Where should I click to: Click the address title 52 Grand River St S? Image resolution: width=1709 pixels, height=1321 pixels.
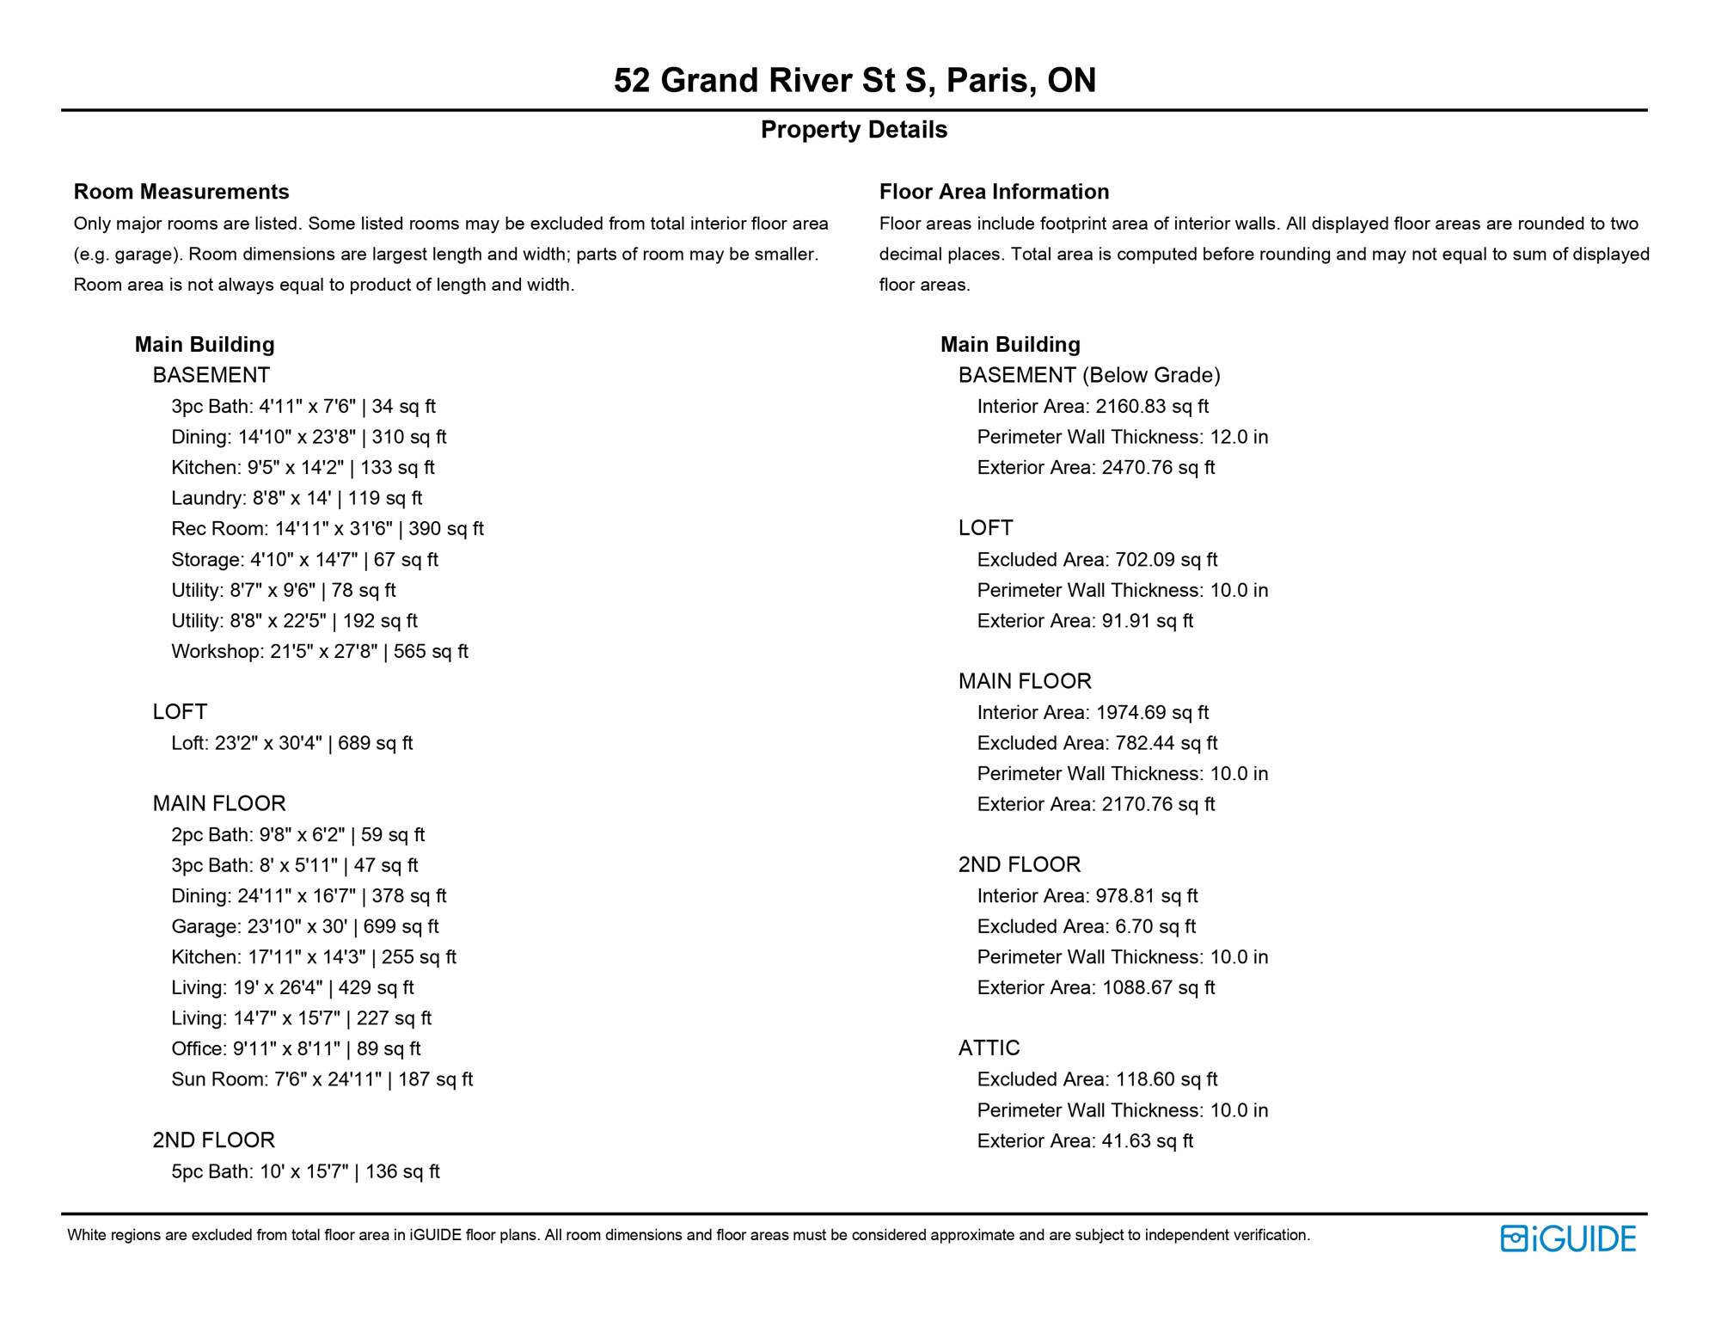(854, 80)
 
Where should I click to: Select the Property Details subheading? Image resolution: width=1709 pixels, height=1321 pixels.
(854, 130)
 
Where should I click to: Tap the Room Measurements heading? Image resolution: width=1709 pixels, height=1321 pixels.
(181, 192)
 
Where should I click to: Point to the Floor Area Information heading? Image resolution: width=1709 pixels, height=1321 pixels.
(994, 192)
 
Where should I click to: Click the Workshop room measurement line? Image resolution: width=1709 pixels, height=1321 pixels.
(319, 652)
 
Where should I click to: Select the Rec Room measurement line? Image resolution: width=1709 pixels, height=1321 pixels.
(327, 529)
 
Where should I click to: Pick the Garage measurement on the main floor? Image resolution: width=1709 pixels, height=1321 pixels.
(304, 927)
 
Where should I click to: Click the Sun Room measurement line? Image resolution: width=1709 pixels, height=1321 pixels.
(322, 1079)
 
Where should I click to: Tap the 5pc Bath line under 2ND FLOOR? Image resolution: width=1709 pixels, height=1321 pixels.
(305, 1171)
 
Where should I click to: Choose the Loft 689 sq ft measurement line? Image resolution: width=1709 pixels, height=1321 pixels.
(291, 743)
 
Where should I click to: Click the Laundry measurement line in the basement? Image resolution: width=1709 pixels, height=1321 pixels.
(297, 498)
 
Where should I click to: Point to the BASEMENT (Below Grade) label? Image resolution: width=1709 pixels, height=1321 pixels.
(1089, 375)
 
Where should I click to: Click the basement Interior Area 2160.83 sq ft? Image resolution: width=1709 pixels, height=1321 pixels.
(1093, 407)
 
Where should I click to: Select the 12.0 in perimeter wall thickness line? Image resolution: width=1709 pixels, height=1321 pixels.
(1122, 437)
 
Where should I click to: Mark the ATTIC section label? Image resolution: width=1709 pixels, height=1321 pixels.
(989, 1048)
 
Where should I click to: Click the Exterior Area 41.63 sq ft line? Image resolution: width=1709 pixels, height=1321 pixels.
(1085, 1141)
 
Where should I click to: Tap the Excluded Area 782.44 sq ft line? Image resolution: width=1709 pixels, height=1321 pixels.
(1097, 743)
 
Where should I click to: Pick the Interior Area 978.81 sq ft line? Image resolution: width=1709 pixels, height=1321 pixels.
(1087, 896)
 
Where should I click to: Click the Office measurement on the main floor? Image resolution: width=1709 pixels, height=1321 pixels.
(296, 1049)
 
